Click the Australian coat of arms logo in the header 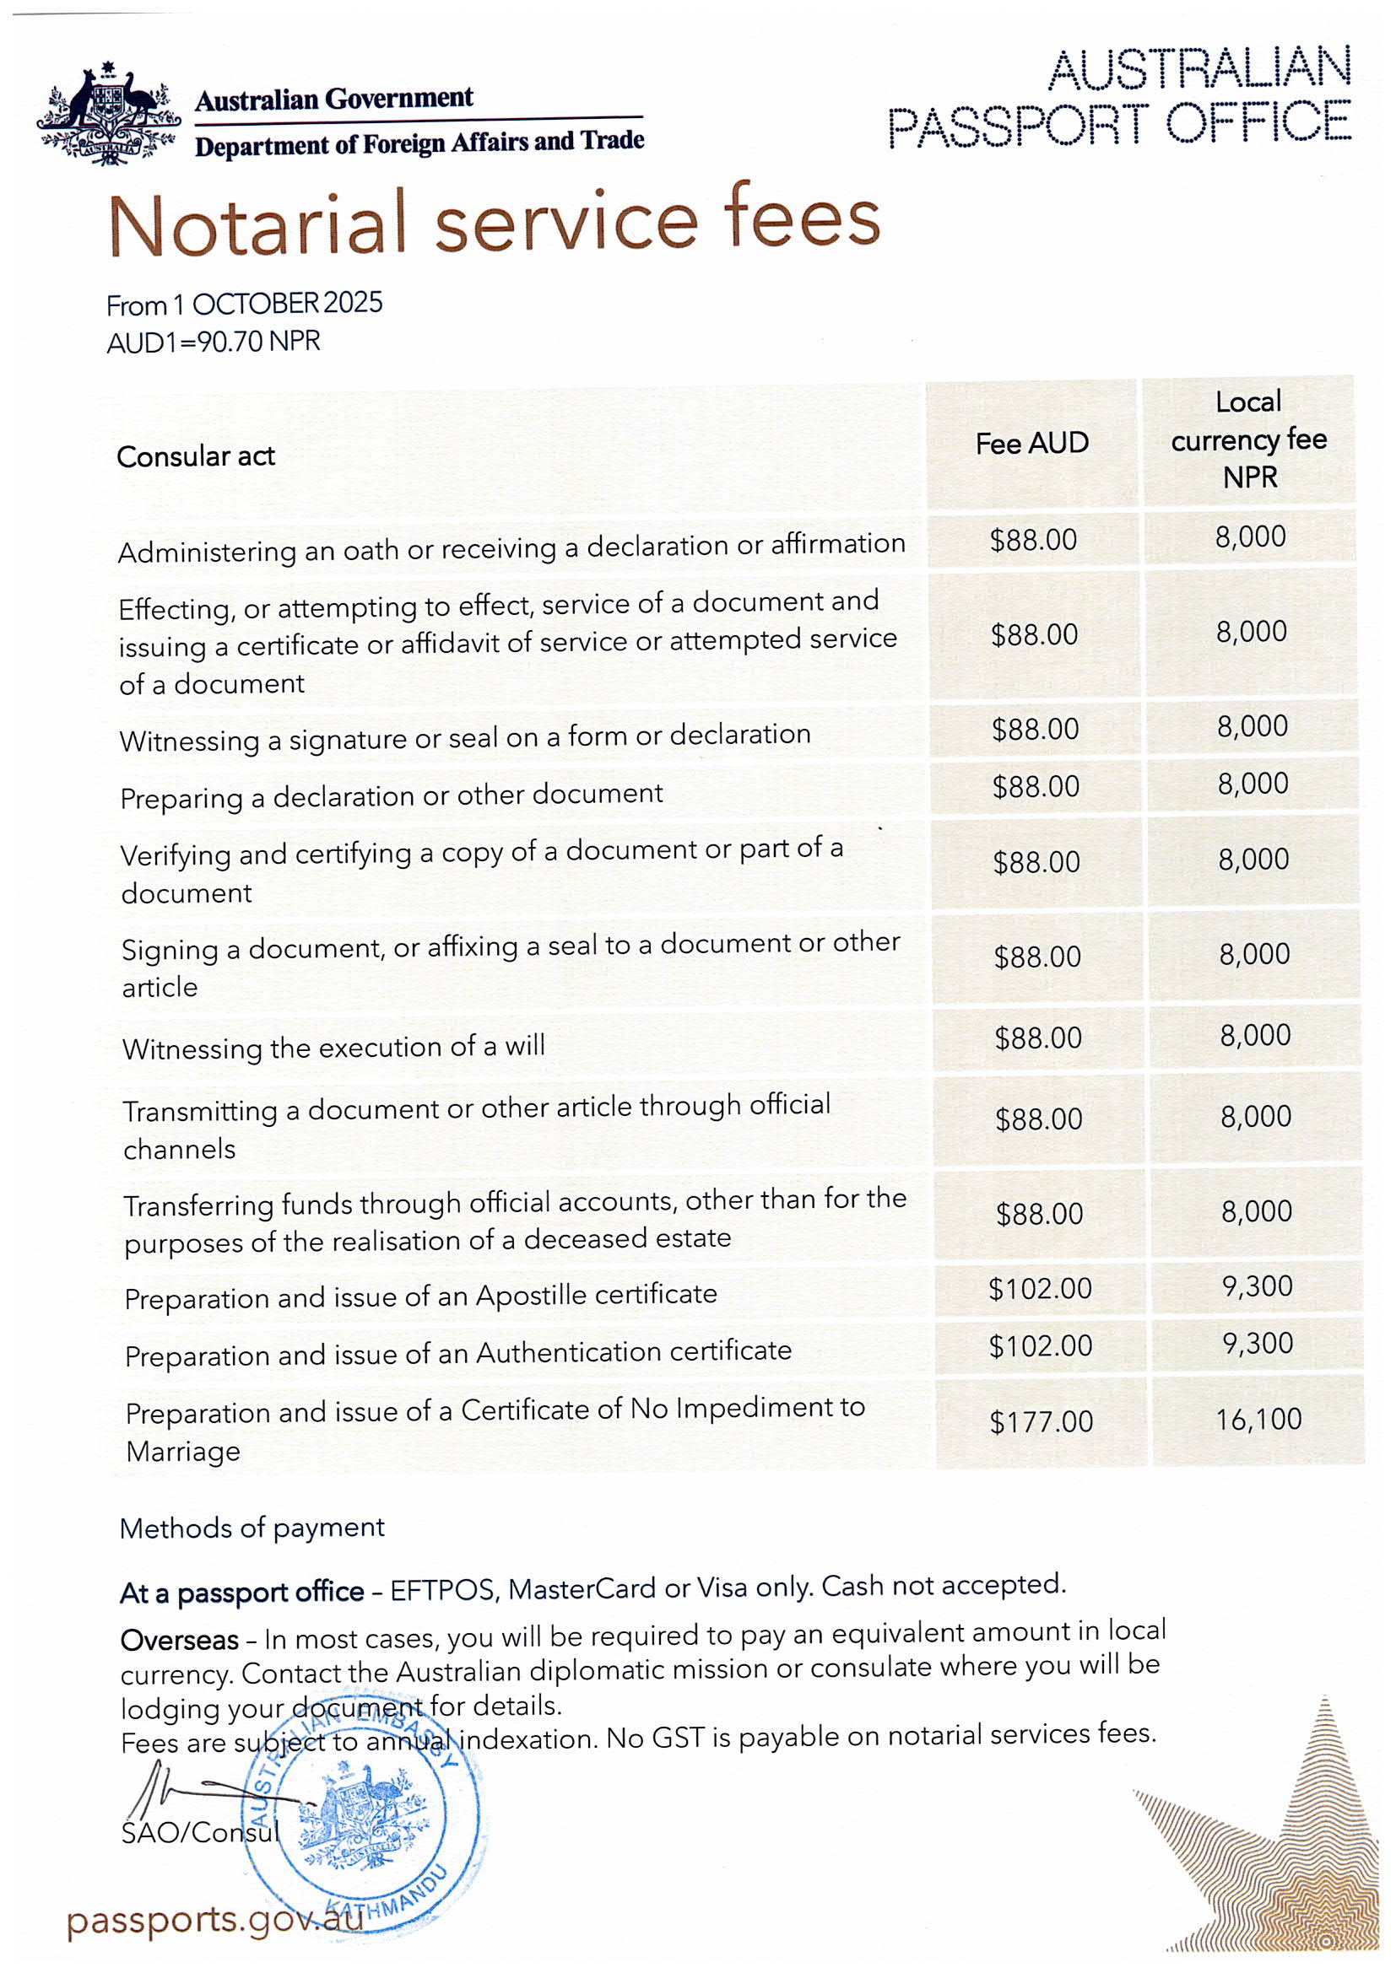tap(107, 114)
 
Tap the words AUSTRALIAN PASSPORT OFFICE tap(1118, 96)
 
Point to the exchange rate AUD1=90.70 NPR tap(214, 342)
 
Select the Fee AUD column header tap(1031, 444)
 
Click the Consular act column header tap(196, 456)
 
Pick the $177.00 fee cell tap(1041, 1421)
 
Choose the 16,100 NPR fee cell tap(1258, 1419)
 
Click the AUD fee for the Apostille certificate tap(1040, 1288)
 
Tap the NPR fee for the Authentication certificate tap(1258, 1343)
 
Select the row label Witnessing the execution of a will tap(333, 1048)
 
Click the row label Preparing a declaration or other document tap(391, 795)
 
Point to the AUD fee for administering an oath tap(1033, 540)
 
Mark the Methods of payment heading tap(252, 1528)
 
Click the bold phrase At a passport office tap(241, 1593)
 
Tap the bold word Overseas tap(179, 1640)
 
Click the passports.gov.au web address tap(215, 1920)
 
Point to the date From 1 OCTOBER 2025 tap(244, 304)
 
